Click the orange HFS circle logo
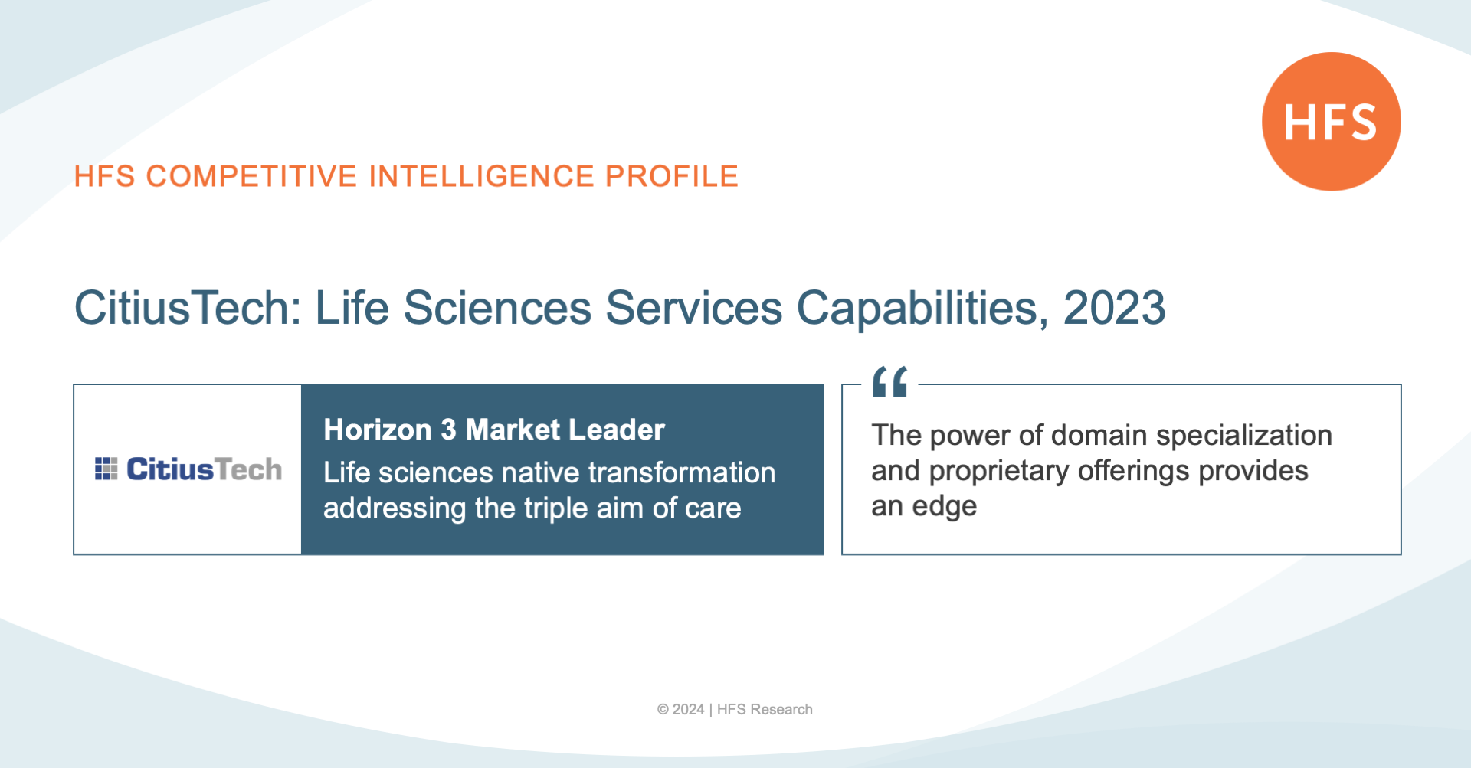tap(1332, 121)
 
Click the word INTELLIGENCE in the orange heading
tap(482, 176)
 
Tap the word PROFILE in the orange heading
tap(672, 176)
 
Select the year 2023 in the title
tap(1114, 308)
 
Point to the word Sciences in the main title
tap(497, 308)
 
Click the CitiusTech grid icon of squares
tap(106, 469)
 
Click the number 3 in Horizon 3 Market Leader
tap(448, 430)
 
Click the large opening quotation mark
tap(889, 381)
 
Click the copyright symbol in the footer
tap(663, 710)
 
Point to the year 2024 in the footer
tap(688, 710)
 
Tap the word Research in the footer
tap(781, 710)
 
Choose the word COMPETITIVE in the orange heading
tap(252, 176)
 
